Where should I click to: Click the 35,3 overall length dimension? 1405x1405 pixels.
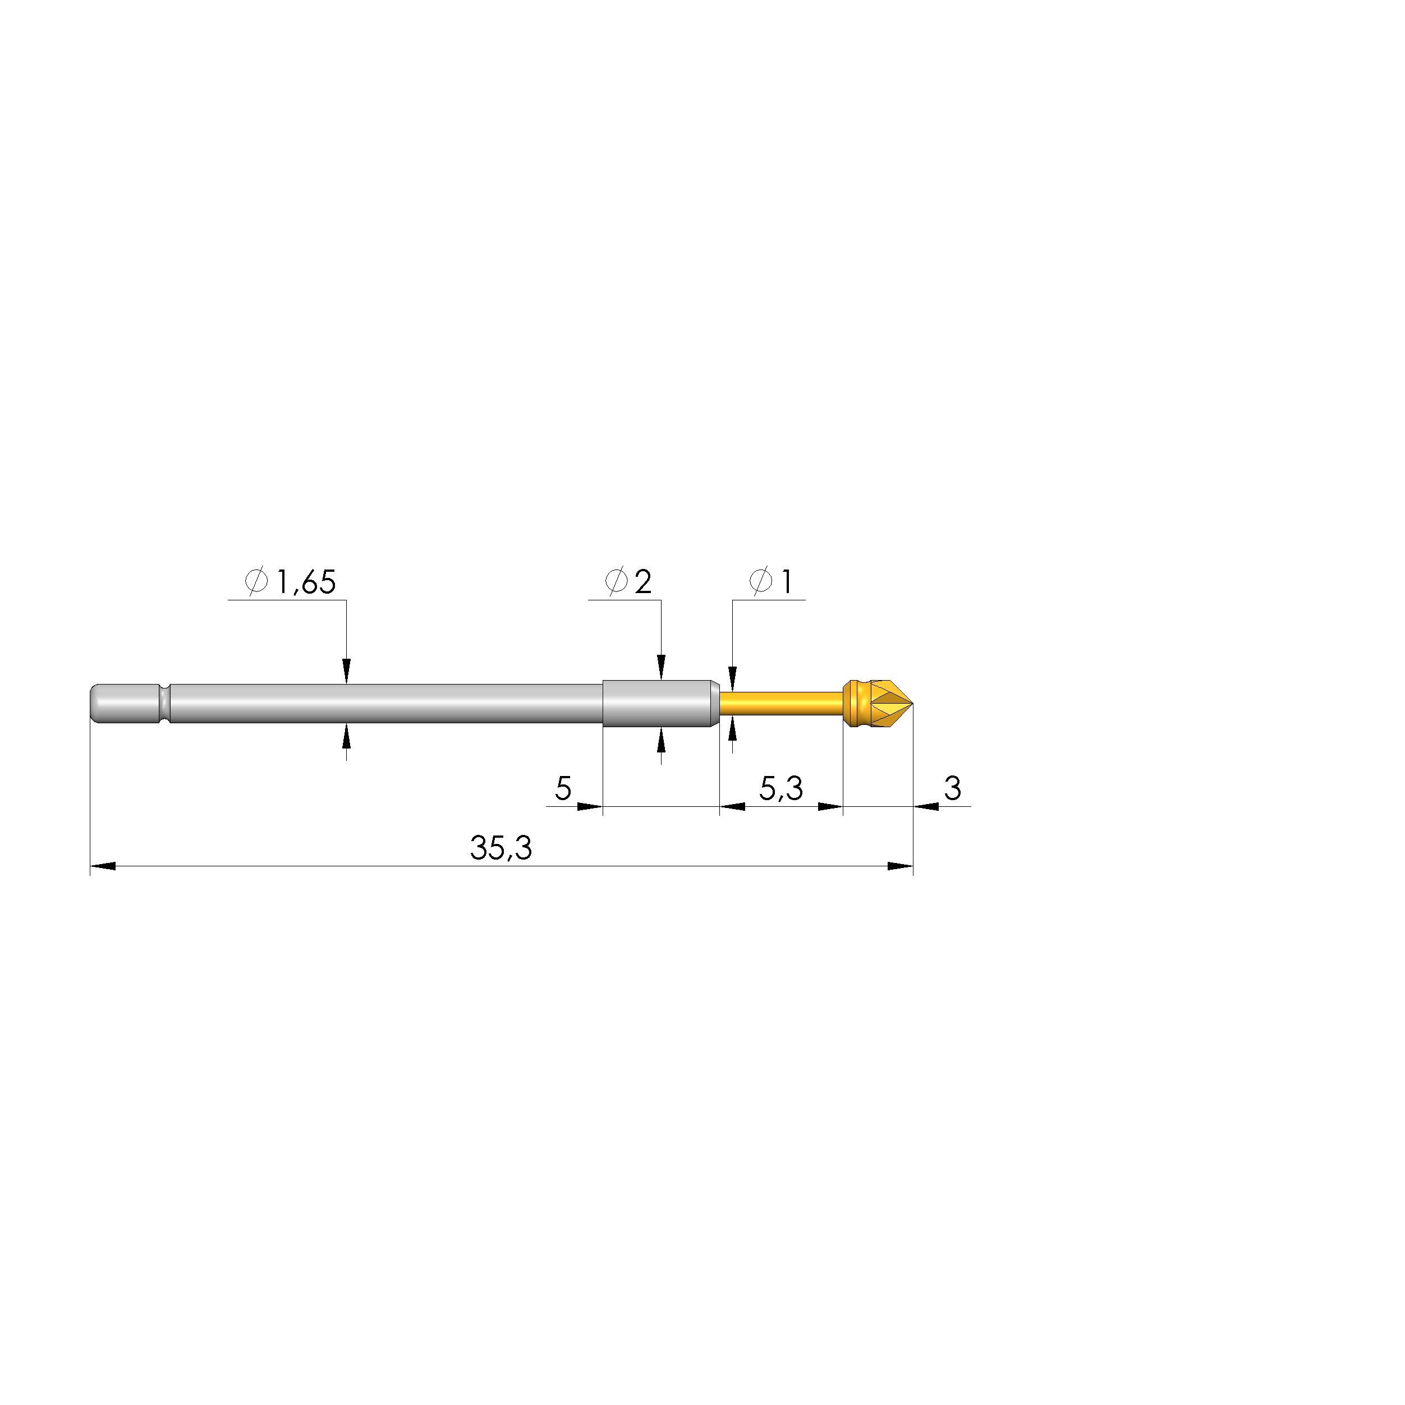pos(501,848)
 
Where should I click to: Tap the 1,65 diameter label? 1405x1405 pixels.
pos(305,582)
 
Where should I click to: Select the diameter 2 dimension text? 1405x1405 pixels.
pos(642,582)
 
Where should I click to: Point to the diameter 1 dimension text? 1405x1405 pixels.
pos(786,582)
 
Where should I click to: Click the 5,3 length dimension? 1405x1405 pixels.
pos(780,788)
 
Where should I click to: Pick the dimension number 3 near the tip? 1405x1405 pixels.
pos(952,788)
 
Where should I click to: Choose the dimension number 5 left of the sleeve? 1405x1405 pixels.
pos(563,788)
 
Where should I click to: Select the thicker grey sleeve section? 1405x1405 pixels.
pos(656,703)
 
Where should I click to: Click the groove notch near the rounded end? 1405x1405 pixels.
pos(164,703)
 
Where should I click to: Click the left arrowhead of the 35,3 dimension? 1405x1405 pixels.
pos(102,866)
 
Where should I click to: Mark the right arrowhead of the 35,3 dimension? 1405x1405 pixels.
pos(901,866)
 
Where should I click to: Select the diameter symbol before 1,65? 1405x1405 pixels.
pos(256,582)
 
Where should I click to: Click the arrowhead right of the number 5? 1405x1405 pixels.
pos(590,806)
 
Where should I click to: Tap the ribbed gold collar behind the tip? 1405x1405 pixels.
pos(855,703)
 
